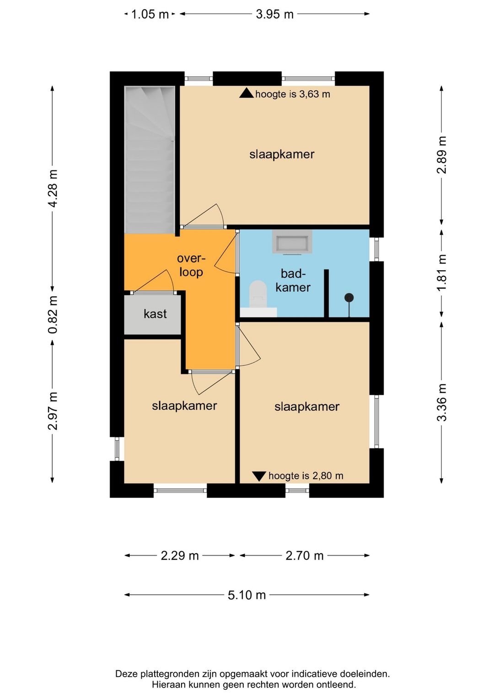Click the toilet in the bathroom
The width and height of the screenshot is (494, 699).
[258, 294]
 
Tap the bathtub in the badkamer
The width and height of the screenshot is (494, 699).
[292, 241]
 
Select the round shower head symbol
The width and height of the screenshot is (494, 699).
[349, 298]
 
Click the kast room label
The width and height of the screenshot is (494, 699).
[155, 314]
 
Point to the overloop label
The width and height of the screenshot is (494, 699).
[191, 265]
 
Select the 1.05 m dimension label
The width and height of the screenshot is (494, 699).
[150, 14]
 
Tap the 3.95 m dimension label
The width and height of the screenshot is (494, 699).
[274, 14]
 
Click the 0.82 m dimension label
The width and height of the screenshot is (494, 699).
[53, 315]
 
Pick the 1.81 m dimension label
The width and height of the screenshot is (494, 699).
[442, 273]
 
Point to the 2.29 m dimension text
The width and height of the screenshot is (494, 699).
[179, 556]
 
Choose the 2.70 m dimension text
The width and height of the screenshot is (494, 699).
[305, 556]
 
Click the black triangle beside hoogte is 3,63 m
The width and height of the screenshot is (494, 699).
[246, 93]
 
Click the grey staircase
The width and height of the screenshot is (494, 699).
[150, 160]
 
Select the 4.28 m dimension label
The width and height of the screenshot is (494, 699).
[53, 188]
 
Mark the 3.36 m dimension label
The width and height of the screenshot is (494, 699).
[442, 402]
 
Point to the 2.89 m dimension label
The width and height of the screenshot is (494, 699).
[442, 155]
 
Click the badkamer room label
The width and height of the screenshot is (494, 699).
[293, 280]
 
